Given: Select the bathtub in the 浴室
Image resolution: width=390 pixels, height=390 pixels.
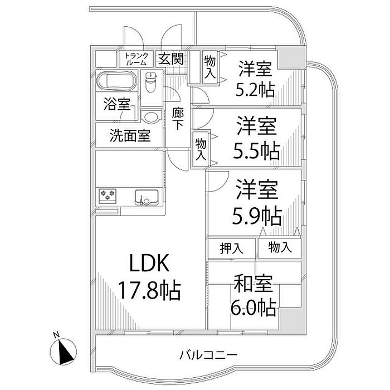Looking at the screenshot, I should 115,82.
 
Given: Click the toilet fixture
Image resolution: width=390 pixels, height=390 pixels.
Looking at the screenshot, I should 150,85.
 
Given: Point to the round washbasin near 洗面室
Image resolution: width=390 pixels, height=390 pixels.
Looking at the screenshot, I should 150,116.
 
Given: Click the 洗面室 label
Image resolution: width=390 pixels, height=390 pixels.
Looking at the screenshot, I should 130,135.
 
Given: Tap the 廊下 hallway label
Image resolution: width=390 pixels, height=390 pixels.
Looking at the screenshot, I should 178,118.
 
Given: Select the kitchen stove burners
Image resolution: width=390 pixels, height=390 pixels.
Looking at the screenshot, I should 108,195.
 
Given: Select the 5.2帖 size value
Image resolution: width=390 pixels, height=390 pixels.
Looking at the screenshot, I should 255,89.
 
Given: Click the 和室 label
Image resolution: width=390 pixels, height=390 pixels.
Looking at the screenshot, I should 254,285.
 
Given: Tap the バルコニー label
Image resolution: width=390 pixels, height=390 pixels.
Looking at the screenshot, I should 209,354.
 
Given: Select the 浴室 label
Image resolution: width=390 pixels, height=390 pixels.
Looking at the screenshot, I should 116,104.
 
